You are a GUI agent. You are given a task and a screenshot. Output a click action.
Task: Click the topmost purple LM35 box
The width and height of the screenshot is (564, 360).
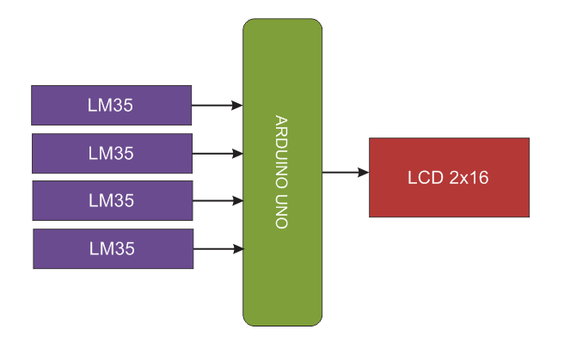pos(111,105)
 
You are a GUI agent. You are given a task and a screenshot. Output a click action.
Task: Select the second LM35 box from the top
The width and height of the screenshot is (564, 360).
pos(111,153)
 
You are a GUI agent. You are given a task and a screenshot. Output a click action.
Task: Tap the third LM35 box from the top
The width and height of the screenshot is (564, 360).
pos(111,200)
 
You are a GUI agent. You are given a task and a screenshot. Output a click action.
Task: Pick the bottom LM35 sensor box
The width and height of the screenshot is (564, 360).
pos(112,248)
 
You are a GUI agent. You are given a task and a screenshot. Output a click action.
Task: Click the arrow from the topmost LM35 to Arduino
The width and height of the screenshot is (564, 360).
pos(215,106)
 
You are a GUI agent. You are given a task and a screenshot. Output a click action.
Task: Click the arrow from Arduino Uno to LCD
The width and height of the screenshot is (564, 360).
pos(344,173)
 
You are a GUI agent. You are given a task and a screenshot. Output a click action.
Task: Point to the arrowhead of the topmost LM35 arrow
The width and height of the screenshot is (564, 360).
pos(237,106)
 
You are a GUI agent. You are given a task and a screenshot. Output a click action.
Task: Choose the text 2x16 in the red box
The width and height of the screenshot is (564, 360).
pos(469,178)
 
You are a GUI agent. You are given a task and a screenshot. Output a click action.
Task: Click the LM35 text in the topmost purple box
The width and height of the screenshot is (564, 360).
pos(111,106)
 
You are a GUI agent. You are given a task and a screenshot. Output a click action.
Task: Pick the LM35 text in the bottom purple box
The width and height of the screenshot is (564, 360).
pos(112,249)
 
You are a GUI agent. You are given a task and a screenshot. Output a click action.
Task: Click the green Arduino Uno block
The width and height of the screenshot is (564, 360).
pos(282,275)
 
